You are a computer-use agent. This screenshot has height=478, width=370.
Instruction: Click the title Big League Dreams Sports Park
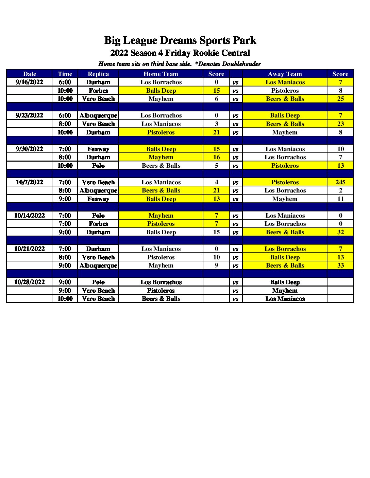click(x=180, y=40)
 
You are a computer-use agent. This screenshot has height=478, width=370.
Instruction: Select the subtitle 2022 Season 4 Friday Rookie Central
click(x=180, y=53)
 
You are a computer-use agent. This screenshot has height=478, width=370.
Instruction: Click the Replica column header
click(x=98, y=74)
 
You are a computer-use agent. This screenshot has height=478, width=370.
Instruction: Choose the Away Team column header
click(x=285, y=74)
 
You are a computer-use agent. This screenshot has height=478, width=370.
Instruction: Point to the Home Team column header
click(x=161, y=74)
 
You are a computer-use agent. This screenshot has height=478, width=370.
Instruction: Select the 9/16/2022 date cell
click(x=30, y=82)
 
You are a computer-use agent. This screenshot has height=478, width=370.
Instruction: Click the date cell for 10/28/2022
click(x=30, y=282)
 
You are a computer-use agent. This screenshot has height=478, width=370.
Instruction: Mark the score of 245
click(x=340, y=182)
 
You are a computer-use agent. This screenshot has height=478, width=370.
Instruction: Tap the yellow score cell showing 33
click(x=340, y=265)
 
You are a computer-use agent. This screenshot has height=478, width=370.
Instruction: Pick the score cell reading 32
click(x=340, y=232)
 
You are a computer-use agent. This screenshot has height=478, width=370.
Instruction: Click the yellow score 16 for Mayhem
click(x=216, y=157)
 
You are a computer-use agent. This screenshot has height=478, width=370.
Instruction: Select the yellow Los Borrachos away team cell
click(x=285, y=249)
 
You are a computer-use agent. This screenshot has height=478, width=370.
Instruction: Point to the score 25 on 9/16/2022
click(x=340, y=99)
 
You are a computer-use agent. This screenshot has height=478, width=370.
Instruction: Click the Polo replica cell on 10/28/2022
click(x=98, y=282)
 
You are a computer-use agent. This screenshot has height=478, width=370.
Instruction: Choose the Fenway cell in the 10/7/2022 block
click(x=98, y=199)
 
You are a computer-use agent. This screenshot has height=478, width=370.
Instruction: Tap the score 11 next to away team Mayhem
click(x=340, y=199)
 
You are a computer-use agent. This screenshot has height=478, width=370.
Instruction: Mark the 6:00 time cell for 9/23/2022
click(x=65, y=115)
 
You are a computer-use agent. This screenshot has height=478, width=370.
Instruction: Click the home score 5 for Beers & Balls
click(x=216, y=166)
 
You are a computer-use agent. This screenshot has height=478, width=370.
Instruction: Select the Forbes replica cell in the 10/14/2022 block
click(x=98, y=224)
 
